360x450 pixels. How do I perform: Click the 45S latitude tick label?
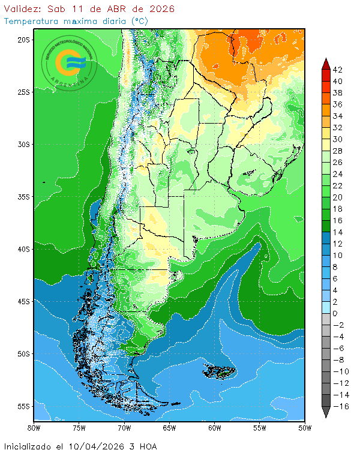click(24, 301)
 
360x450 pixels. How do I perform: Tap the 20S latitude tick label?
click(24, 40)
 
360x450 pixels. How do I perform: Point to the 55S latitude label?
click(24, 406)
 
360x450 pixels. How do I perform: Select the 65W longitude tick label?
click(169, 428)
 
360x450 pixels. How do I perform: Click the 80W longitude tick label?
click(34, 428)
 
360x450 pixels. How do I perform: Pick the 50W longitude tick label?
click(305, 428)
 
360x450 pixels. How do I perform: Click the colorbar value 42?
click(338, 70)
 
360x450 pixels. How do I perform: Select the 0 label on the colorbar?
click(335, 314)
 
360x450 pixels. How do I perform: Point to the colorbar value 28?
click(338, 151)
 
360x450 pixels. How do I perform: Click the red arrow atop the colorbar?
click(325, 63)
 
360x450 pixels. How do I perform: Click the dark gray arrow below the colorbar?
click(325, 412)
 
